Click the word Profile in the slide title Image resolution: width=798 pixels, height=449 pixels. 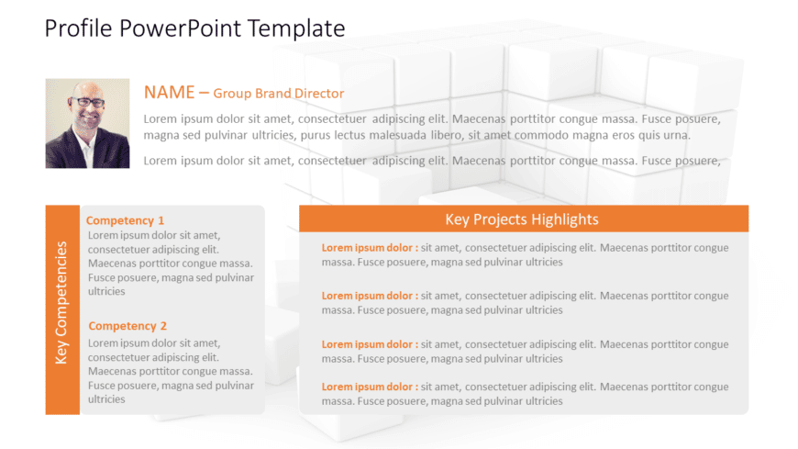78,28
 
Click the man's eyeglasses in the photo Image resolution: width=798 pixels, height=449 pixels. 88,102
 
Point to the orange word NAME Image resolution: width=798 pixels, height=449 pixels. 169,92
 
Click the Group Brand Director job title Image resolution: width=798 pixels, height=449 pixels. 279,94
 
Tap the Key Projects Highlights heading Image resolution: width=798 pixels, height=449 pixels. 522,219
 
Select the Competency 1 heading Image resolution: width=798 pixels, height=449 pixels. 125,220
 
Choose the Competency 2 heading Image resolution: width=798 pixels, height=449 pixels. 127,326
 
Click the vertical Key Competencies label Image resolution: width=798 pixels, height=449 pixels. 61,303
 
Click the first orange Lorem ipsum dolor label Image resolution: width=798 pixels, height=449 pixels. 370,248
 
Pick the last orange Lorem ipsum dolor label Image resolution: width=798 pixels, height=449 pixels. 370,387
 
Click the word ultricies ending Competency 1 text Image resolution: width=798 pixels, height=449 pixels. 106,291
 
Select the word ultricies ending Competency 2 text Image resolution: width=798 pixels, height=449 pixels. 106,399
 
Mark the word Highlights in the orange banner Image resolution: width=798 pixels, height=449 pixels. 564,219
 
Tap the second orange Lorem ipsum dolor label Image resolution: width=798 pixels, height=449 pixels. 370,296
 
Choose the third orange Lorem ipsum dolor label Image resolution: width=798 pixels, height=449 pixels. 370,344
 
